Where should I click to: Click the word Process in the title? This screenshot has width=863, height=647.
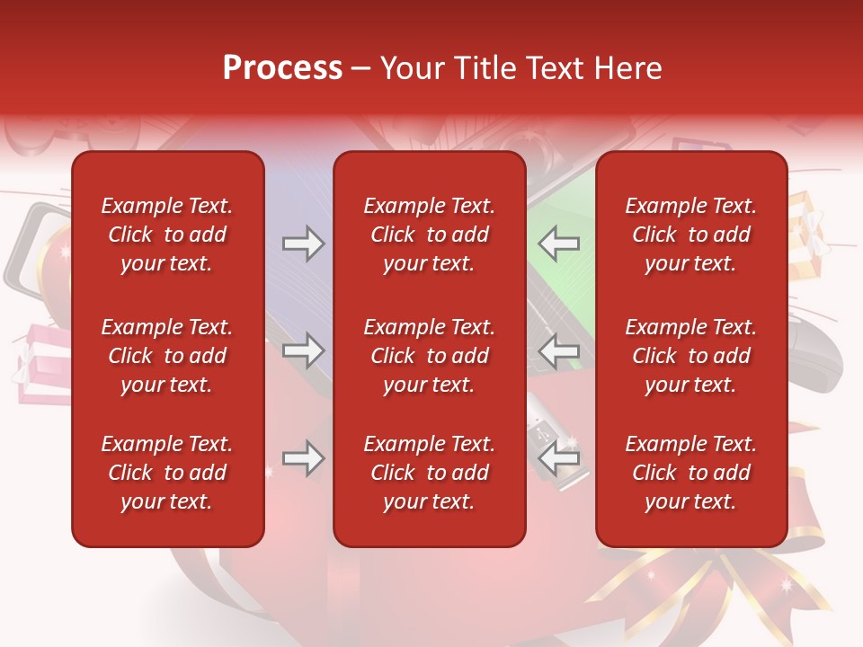click(282, 68)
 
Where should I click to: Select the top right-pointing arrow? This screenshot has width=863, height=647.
click(303, 243)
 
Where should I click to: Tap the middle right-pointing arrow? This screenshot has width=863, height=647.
click(303, 350)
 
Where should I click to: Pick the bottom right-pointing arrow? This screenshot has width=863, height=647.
click(303, 458)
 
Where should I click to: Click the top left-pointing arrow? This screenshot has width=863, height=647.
click(558, 243)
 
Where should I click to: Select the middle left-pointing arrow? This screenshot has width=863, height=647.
click(558, 350)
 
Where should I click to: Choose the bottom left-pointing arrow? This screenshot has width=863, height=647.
click(558, 458)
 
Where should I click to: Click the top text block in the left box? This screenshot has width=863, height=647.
click(167, 235)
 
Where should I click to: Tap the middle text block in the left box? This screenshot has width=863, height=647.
click(167, 356)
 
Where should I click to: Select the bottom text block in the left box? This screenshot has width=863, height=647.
click(167, 473)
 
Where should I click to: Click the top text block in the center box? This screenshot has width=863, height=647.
click(429, 235)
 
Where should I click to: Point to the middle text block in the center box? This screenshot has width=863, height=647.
click(429, 356)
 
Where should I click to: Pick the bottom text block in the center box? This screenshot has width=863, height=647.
click(429, 473)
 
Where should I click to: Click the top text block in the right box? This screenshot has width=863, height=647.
click(690, 235)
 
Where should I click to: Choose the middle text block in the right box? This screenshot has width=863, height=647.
click(690, 356)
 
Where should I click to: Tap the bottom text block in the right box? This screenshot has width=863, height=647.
click(690, 473)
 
